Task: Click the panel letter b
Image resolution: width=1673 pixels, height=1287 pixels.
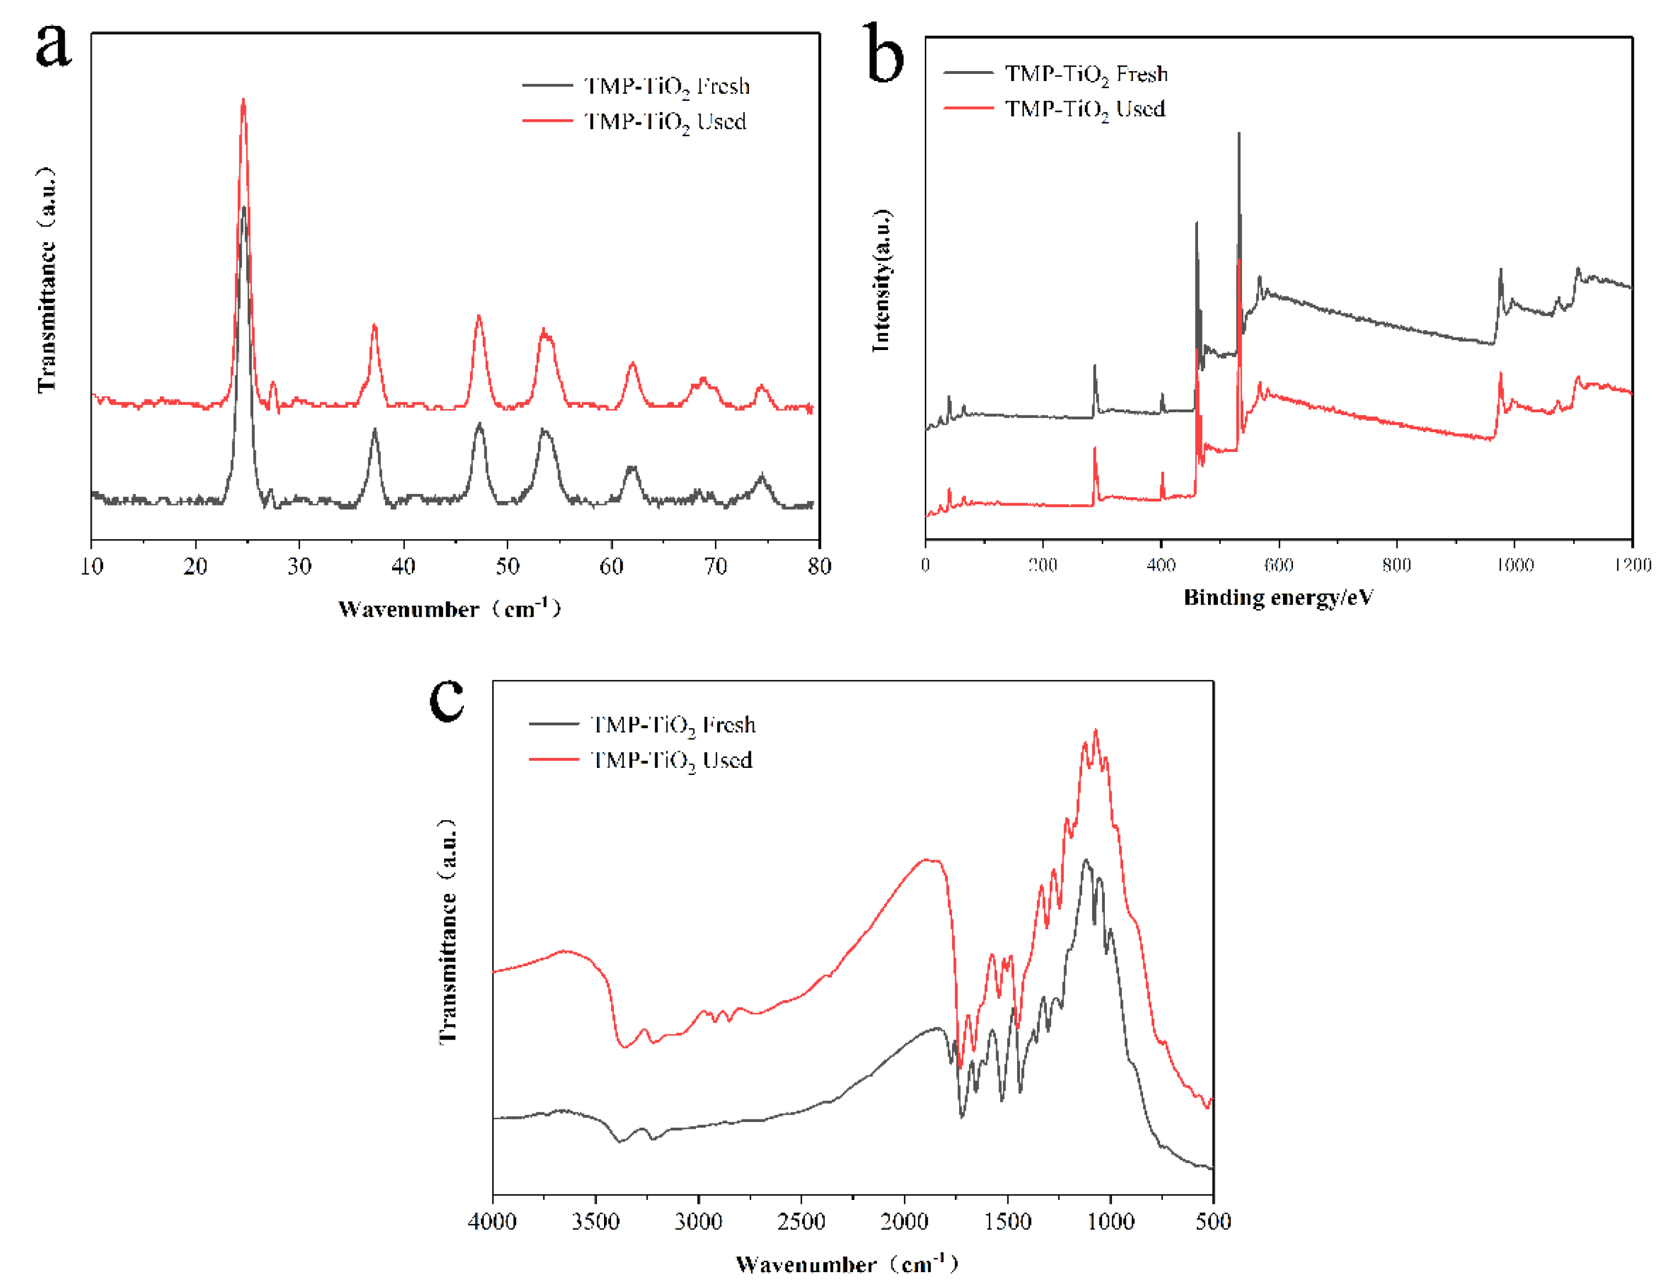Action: point(884,53)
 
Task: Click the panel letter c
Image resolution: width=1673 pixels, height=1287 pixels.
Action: point(447,698)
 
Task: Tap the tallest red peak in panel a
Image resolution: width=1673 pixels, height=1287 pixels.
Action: point(244,100)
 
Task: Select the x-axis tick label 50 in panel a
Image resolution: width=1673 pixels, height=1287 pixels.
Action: point(507,566)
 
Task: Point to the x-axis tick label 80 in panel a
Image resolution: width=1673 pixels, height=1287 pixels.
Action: point(819,566)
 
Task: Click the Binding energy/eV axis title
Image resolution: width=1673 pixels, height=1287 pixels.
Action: point(1278,597)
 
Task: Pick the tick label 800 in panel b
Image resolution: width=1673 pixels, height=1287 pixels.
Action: point(1396,565)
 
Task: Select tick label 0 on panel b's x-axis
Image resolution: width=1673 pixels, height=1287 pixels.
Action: point(926,565)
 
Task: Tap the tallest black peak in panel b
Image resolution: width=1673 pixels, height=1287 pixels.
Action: point(1239,134)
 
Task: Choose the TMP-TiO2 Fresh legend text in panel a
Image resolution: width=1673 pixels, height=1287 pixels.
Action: point(666,87)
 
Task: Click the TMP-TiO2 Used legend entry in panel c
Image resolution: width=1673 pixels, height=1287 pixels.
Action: point(671,760)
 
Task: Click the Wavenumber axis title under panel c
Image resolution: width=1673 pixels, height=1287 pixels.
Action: point(847,1264)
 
